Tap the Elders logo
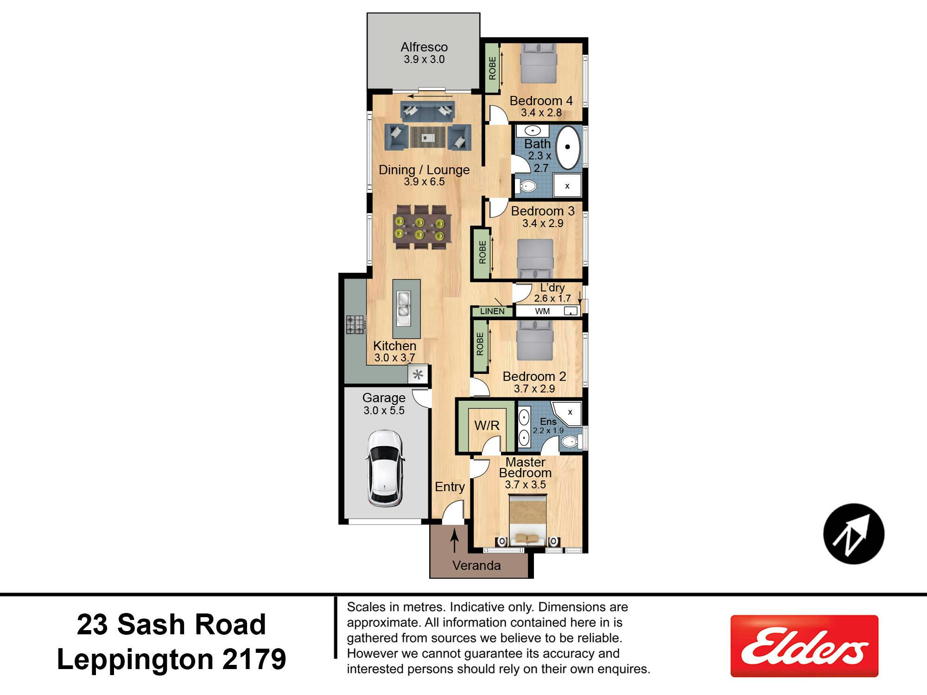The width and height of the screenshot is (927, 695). [804, 646]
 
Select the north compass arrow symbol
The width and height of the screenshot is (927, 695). [854, 534]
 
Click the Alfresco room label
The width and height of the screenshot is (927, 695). [424, 47]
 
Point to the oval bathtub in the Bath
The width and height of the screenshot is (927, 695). [568, 147]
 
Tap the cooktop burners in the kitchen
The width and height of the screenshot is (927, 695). [356, 324]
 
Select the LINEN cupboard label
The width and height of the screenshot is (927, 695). [492, 311]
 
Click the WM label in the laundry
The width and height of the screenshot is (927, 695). [542, 311]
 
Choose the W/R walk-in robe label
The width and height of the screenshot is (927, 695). [487, 425]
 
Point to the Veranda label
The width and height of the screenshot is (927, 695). [476, 565]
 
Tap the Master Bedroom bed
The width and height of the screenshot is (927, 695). [528, 521]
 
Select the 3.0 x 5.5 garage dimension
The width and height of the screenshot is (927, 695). [384, 410]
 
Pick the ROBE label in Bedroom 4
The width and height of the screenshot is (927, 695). [492, 68]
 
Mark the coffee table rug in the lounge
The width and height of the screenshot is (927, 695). [428, 137]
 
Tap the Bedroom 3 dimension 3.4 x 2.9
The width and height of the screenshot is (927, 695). [543, 223]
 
